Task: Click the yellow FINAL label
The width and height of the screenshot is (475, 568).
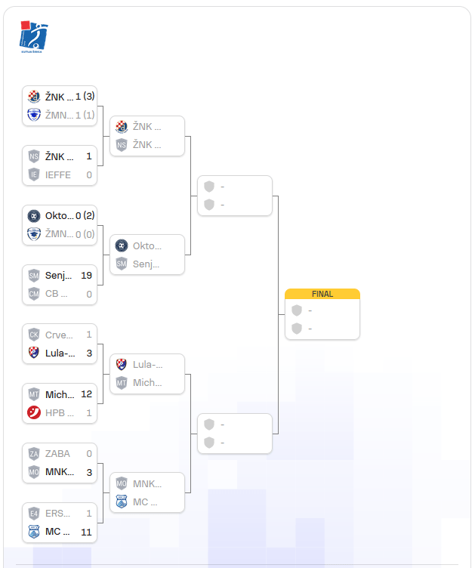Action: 322,294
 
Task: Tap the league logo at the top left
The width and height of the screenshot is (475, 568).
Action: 33,36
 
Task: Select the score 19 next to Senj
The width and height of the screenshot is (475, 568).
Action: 85,276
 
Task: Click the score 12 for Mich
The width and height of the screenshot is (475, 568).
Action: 86,394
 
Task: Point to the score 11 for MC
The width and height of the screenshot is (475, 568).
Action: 86,532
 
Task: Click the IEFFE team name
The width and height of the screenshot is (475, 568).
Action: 58,174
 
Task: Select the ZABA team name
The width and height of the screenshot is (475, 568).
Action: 57,454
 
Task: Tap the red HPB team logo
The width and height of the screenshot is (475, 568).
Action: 34,412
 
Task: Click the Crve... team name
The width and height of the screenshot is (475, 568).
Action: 60,335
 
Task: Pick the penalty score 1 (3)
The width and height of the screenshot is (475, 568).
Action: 85,97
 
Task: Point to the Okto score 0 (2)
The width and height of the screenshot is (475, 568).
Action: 85,216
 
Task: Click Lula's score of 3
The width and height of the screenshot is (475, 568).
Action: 89,353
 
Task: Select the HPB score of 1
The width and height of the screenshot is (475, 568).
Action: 89,412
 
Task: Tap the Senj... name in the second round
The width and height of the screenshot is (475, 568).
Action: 147,264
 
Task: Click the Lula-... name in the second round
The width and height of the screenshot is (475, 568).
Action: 147,364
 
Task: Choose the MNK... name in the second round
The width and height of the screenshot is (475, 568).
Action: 147,483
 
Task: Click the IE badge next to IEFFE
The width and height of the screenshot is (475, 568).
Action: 34,174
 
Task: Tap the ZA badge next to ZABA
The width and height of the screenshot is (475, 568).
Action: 34,454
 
